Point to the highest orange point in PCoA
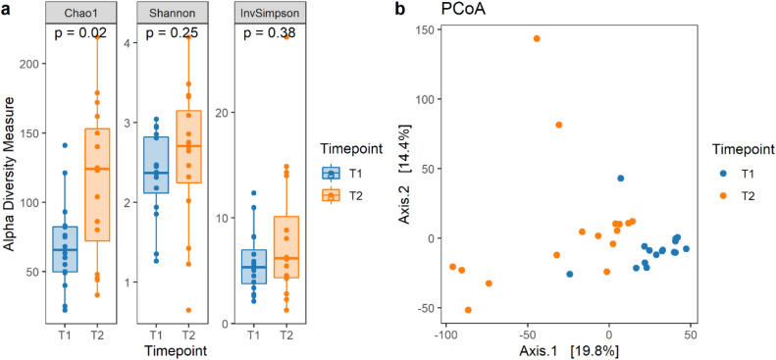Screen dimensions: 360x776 (x=537, y=38)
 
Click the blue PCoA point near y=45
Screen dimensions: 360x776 (x=620, y=179)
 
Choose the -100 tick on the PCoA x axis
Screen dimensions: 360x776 (x=447, y=334)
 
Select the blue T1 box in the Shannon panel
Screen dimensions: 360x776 (x=157, y=165)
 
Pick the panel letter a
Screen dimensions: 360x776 (x=7, y=9)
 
